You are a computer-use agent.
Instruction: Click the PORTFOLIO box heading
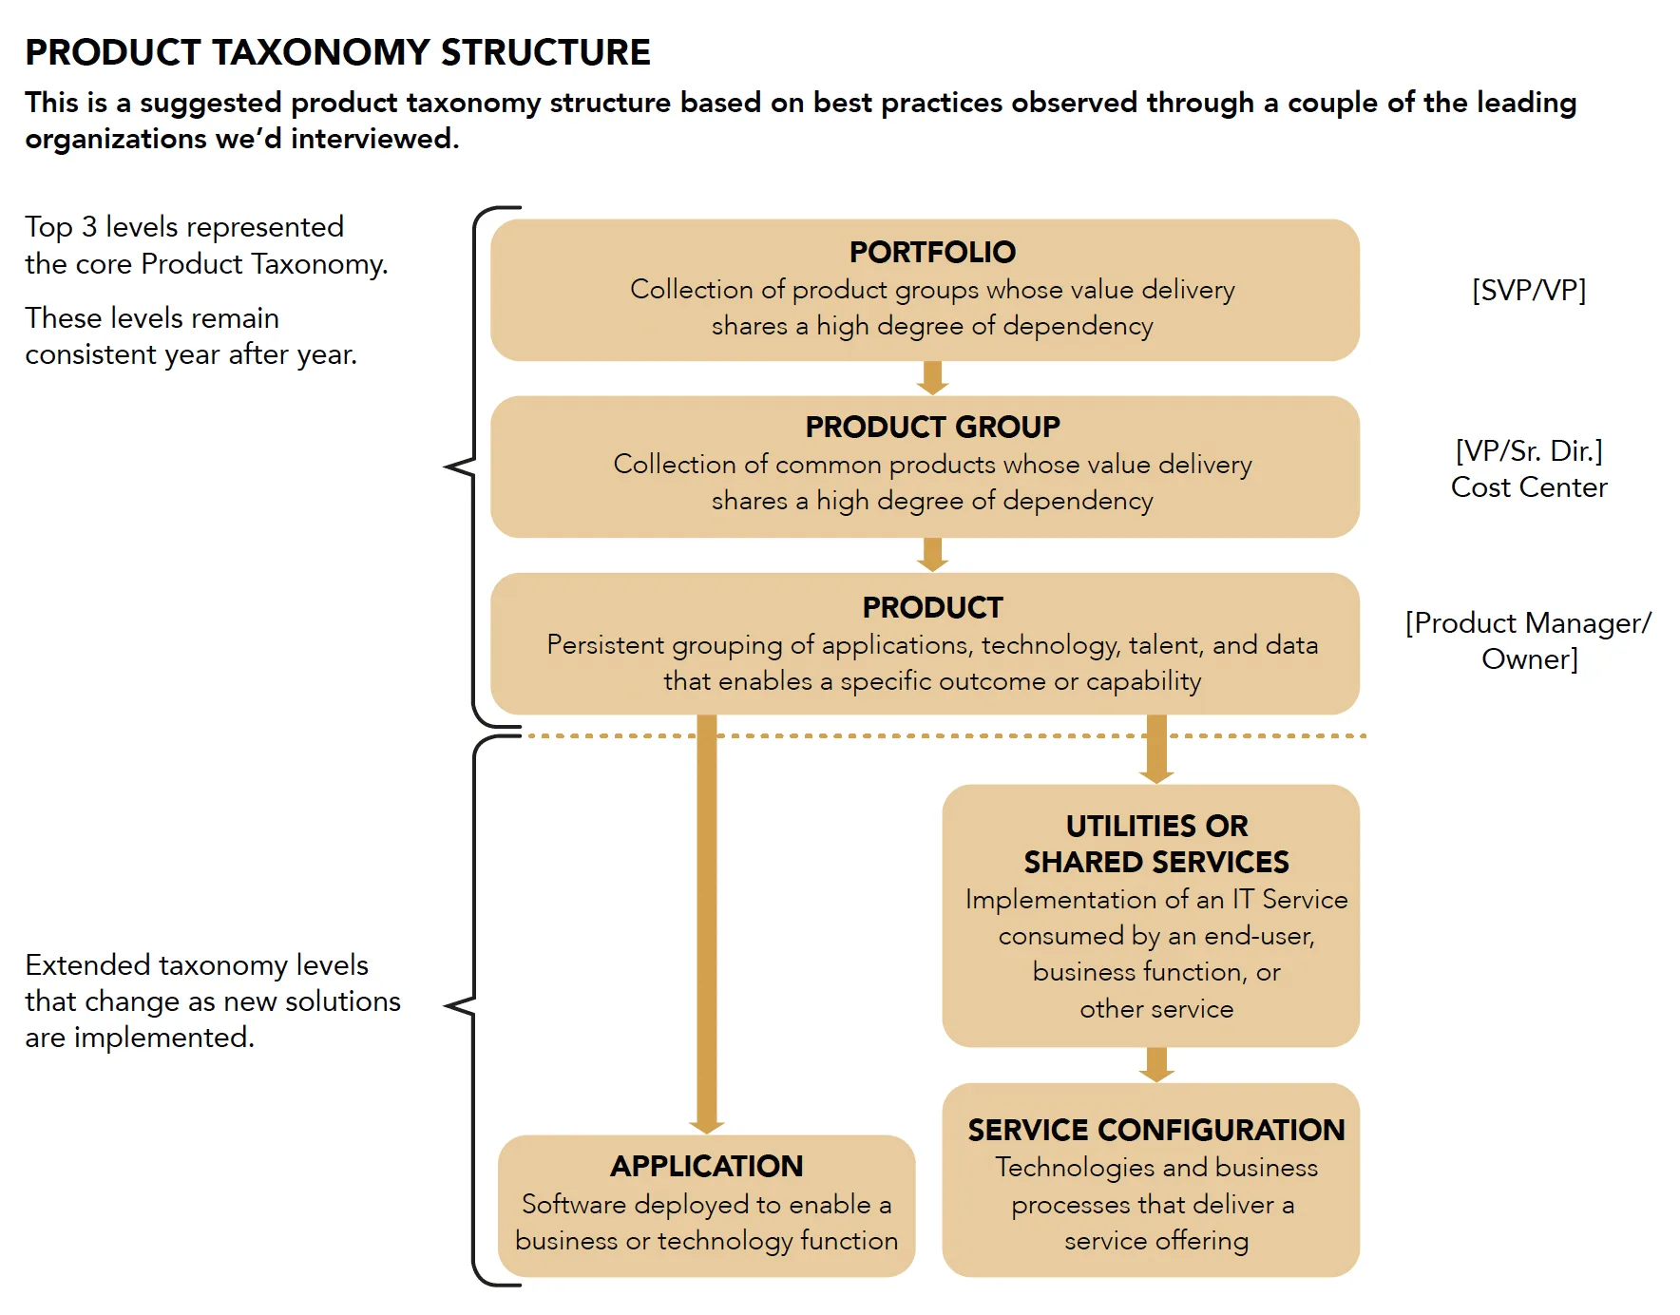(932, 252)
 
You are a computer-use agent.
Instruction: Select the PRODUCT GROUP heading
(932, 427)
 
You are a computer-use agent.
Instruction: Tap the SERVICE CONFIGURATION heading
(1155, 1130)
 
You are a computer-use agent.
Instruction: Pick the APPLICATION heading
(706, 1166)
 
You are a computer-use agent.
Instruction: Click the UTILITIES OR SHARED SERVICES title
(1155, 844)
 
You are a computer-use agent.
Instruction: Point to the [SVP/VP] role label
(1528, 290)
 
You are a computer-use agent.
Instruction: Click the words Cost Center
(1528, 487)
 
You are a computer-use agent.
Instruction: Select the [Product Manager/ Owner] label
(1528, 640)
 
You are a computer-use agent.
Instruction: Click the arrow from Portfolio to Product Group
(932, 378)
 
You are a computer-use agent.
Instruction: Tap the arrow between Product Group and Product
(932, 555)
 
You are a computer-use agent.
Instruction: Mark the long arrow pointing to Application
(706, 922)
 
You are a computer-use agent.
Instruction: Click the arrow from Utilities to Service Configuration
(1155, 1064)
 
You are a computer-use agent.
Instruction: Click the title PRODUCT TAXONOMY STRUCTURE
(337, 52)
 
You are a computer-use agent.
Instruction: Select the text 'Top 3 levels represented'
(184, 227)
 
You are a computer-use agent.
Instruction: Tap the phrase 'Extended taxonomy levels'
(197, 965)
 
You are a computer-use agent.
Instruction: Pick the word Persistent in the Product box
(605, 645)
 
